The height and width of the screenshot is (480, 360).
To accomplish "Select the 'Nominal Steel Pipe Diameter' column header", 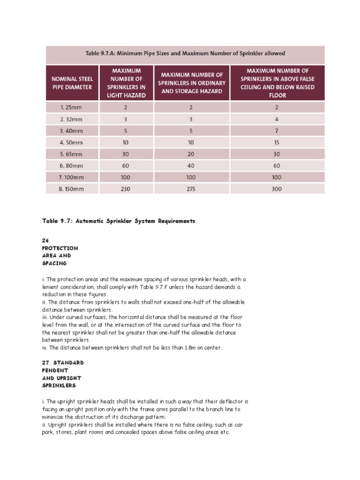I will coord(72,83).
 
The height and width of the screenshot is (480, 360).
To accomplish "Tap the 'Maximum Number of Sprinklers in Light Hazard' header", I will coord(126,83).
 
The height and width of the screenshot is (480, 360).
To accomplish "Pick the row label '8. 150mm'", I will coord(72,189).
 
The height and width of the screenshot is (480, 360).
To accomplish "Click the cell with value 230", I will coord(126,189).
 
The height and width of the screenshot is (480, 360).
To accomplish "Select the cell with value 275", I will coord(191,189).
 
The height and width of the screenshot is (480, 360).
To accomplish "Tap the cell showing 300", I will coord(277,189).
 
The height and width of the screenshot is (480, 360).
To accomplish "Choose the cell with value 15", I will coord(277,142).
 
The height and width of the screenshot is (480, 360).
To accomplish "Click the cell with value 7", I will coord(277,130).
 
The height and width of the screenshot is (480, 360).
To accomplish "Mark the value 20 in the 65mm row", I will coord(191,154).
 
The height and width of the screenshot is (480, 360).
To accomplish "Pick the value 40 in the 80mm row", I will coord(191,165).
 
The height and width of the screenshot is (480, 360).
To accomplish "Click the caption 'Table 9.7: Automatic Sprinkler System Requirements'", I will coord(118,221).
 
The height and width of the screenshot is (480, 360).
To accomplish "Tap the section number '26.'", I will coord(45,240).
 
